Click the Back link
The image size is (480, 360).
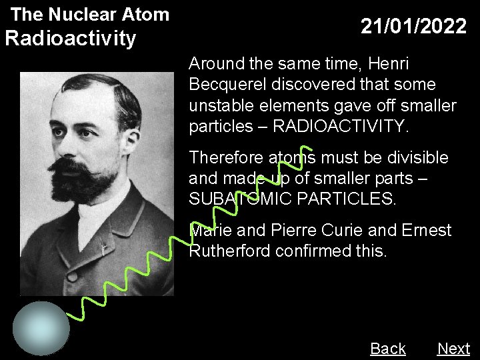pyautogui.click(x=387, y=349)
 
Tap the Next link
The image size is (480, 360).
pyautogui.click(x=453, y=349)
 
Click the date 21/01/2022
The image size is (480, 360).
pyautogui.click(x=413, y=27)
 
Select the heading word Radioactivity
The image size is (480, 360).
pyautogui.click(x=70, y=39)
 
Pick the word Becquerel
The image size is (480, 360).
pyautogui.click(x=224, y=85)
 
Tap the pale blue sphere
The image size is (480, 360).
pyautogui.click(x=41, y=327)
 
